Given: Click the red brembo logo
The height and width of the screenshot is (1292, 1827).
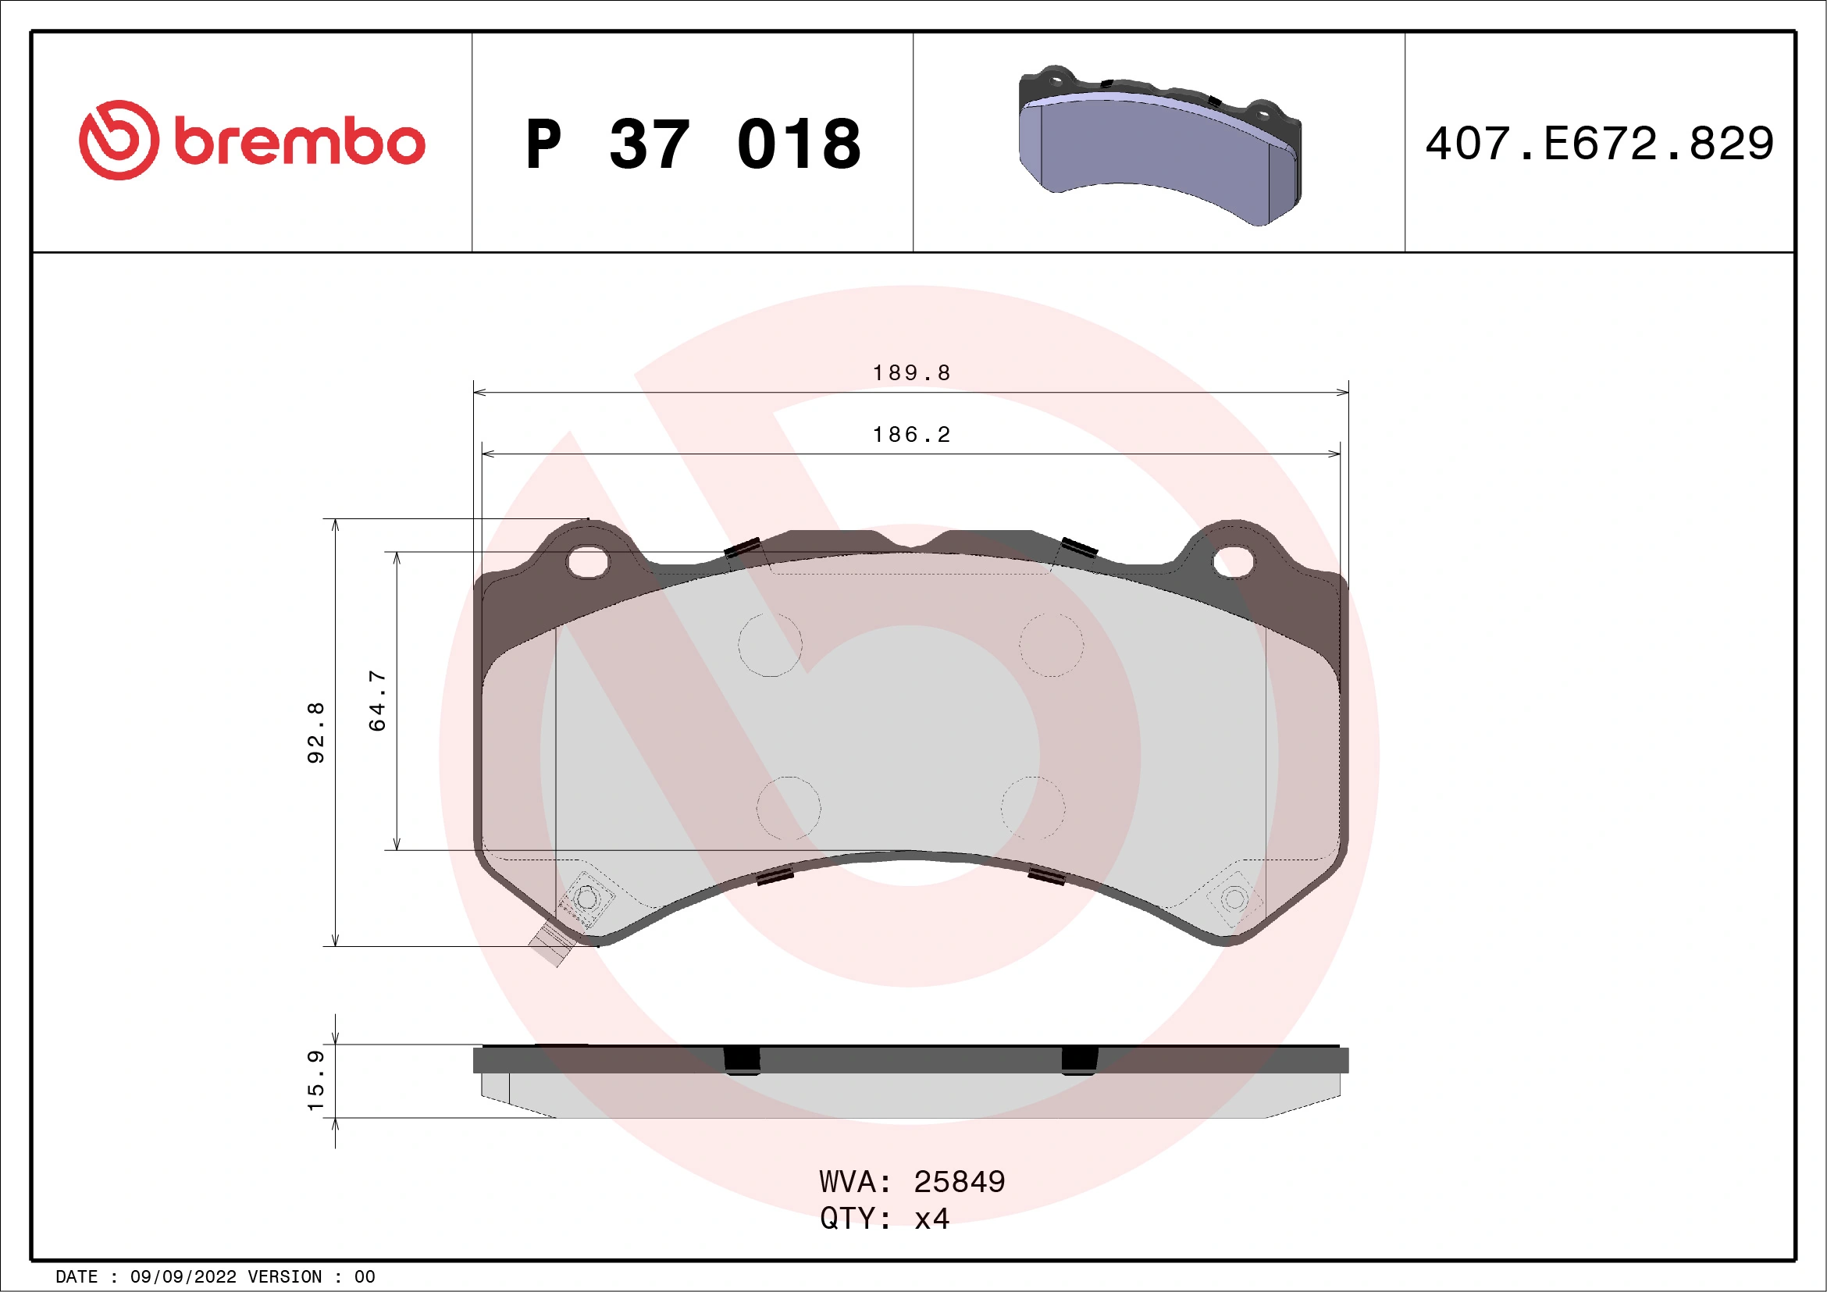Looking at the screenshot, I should (251, 141).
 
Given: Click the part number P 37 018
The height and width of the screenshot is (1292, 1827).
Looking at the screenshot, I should (693, 144).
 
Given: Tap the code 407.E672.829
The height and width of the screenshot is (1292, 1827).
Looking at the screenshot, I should (1600, 144).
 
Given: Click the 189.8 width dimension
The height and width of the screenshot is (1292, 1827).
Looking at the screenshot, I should (911, 372).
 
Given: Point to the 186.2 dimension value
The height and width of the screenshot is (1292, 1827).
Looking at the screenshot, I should (911, 434).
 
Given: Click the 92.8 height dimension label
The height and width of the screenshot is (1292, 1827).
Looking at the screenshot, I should (316, 733).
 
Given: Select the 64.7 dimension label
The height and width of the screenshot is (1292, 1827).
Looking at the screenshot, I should (377, 700).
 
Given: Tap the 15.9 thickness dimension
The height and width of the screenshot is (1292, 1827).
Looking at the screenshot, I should (316, 1081).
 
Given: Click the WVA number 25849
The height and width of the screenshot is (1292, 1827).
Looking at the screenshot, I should (959, 1182).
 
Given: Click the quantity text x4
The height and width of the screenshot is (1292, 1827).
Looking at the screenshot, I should (931, 1219).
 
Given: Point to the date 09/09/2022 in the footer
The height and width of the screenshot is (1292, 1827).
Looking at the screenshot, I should (183, 1277).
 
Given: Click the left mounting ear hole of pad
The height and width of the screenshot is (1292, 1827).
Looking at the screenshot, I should (587, 561).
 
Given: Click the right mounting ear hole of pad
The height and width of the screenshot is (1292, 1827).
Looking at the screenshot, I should (1233, 561).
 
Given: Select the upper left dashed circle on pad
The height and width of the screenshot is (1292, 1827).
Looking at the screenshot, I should (770, 644).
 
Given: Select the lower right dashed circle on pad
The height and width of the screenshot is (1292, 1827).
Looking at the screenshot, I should (1032, 807).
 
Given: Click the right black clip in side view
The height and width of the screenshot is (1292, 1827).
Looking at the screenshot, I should (1079, 1060).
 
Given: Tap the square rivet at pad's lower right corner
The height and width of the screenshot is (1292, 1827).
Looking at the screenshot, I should (1234, 899).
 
